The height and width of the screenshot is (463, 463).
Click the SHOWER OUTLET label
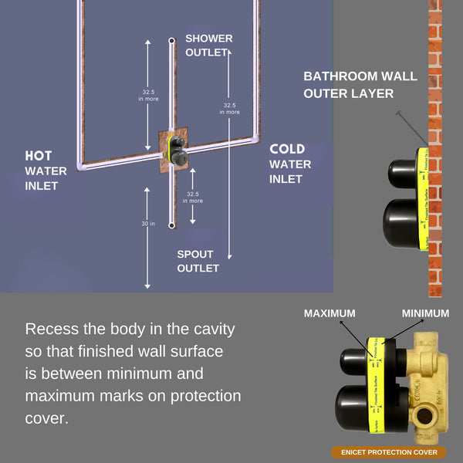pyautogui.click(x=208, y=46)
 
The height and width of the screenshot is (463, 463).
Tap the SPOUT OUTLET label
pyautogui.click(x=198, y=261)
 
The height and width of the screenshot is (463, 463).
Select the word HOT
pyautogui.click(x=39, y=156)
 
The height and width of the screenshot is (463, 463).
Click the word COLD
pyautogui.click(x=287, y=149)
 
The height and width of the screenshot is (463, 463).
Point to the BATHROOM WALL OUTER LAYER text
pyautogui.click(x=360, y=85)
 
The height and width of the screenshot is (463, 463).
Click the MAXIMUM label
pyautogui.click(x=330, y=313)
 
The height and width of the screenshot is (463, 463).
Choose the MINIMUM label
pyautogui.click(x=425, y=313)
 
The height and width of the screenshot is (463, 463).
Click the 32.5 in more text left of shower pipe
pyautogui.click(x=149, y=94)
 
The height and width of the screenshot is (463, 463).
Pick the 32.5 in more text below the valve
pyautogui.click(x=193, y=197)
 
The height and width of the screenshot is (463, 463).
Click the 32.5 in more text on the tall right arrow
pyautogui.click(x=229, y=108)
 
